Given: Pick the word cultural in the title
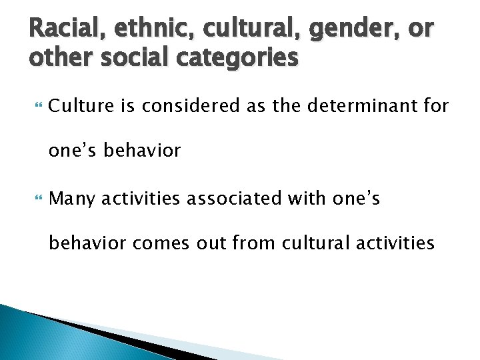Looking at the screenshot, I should pos(248,30).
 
